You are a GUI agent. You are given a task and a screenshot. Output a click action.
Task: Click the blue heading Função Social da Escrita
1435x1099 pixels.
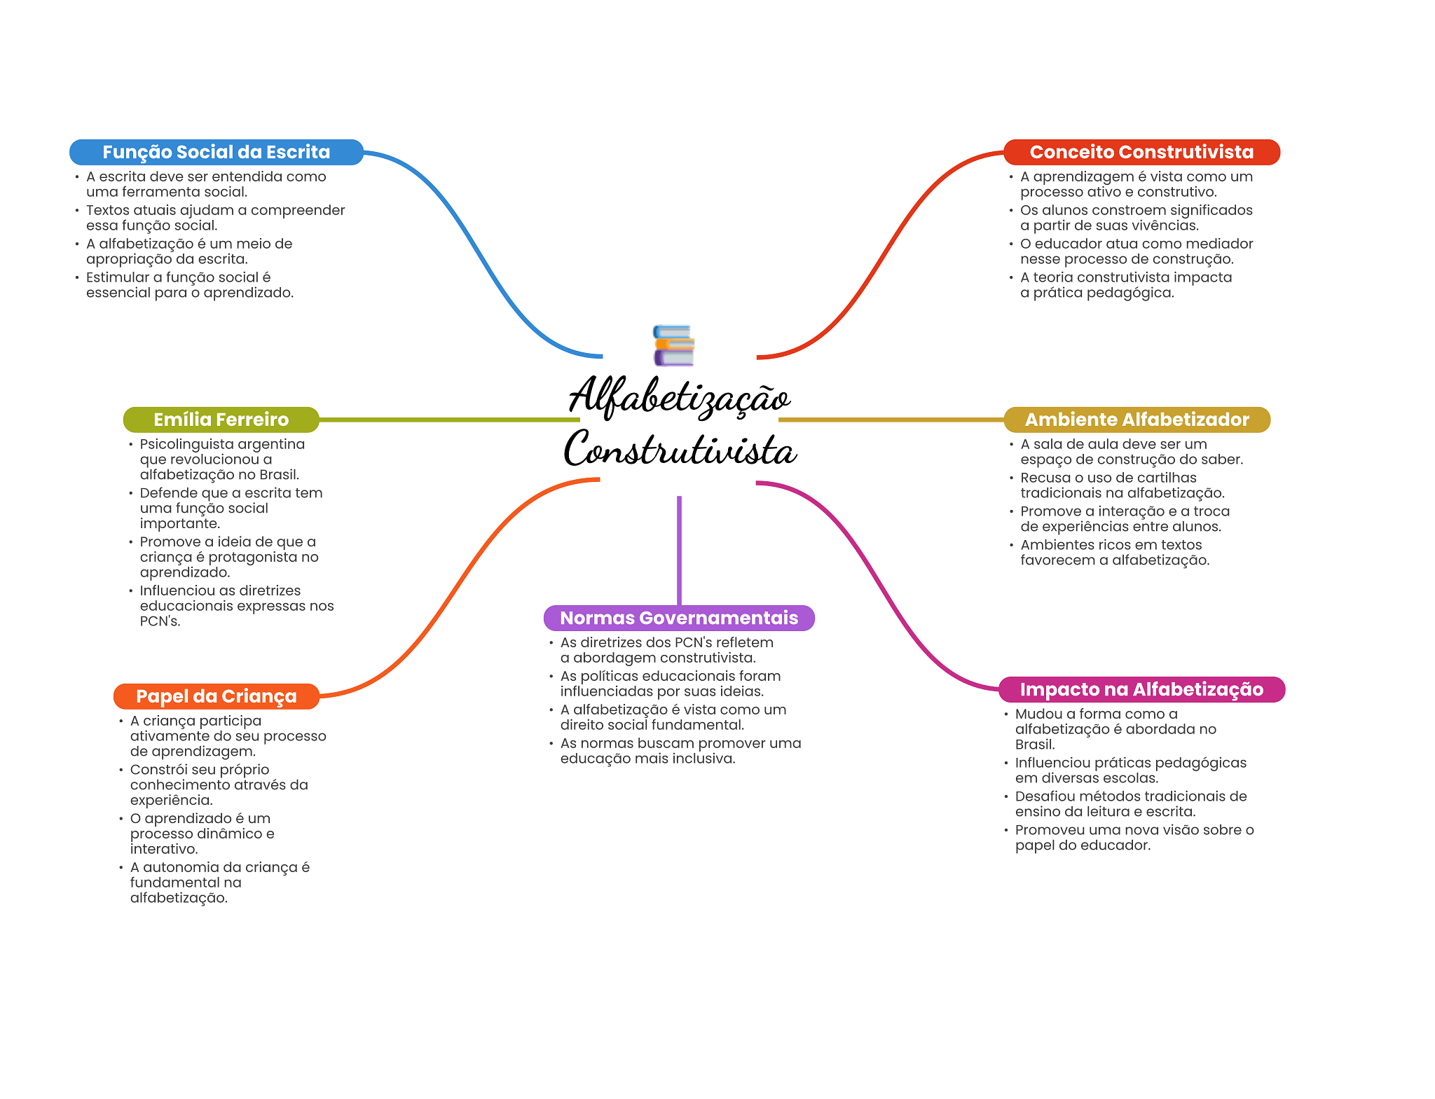click(x=216, y=152)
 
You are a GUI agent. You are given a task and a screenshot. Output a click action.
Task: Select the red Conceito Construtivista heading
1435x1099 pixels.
click(x=1141, y=152)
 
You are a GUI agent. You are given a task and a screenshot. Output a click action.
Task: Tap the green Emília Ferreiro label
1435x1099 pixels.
click(x=221, y=420)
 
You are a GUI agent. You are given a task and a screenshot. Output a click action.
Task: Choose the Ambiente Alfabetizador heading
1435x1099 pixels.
click(x=1137, y=420)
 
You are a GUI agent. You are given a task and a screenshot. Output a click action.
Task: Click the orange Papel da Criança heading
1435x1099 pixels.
click(x=216, y=696)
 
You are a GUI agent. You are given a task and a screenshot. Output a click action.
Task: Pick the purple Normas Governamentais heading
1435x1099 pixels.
click(x=679, y=618)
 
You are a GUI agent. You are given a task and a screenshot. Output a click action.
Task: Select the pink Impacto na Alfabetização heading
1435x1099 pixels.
click(x=1141, y=689)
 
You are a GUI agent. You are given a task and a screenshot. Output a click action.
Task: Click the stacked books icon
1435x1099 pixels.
click(x=673, y=345)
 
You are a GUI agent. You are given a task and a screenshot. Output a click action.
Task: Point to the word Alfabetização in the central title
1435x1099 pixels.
click(x=679, y=396)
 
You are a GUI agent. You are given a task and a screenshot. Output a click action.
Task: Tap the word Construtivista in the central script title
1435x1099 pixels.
click(x=680, y=450)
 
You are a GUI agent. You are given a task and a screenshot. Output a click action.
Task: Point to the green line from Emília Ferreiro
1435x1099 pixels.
click(x=448, y=420)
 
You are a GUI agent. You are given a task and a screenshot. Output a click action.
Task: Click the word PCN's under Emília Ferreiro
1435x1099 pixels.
click(x=160, y=621)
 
